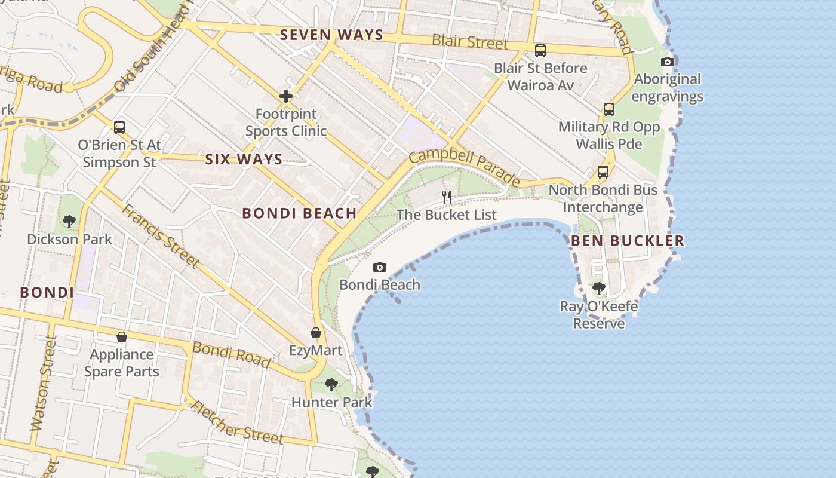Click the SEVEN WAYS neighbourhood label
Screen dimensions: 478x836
(x=331, y=35)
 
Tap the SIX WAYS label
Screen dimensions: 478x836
(x=244, y=159)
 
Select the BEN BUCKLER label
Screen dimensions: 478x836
(x=628, y=241)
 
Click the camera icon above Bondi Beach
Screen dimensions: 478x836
(x=379, y=267)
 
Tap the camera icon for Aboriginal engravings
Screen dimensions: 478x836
(x=668, y=62)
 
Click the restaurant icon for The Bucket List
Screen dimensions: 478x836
(x=446, y=196)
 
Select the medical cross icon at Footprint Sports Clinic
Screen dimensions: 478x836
(x=286, y=96)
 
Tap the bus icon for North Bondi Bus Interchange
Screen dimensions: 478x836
(x=603, y=172)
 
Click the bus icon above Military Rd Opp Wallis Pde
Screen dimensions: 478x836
(x=609, y=109)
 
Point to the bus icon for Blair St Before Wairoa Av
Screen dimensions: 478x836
(x=540, y=51)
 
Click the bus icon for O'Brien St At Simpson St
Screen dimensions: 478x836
(x=119, y=127)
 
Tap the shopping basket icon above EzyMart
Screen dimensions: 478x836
(x=316, y=333)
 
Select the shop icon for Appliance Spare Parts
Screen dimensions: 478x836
(x=122, y=337)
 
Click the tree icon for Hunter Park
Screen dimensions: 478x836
(x=331, y=385)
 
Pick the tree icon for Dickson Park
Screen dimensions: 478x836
(x=69, y=222)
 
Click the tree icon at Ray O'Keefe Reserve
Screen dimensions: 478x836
(x=599, y=289)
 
